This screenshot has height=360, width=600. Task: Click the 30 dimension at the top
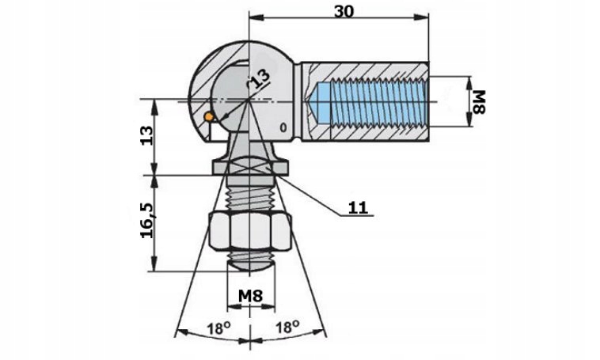coord(344,12)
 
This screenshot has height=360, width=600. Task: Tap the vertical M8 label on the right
coord(479,102)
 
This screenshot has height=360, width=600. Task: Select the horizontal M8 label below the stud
coord(251,296)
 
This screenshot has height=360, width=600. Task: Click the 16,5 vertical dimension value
coord(147,220)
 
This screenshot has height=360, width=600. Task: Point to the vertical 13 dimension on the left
coord(146,135)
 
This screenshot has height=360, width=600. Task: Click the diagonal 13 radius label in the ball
coord(260,79)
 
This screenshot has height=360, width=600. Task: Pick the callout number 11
coord(358,208)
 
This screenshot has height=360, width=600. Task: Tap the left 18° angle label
coord(218,328)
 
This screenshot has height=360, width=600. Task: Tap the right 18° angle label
coord(287,327)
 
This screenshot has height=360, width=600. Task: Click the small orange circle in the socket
coord(208,117)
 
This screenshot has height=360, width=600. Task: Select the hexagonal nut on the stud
coord(251,232)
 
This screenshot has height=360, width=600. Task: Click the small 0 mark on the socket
coord(283,127)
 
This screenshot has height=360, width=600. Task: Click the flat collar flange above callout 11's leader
coord(249,169)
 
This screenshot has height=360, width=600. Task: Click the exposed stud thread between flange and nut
coord(251,198)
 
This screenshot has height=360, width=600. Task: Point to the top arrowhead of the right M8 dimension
coord(470,82)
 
